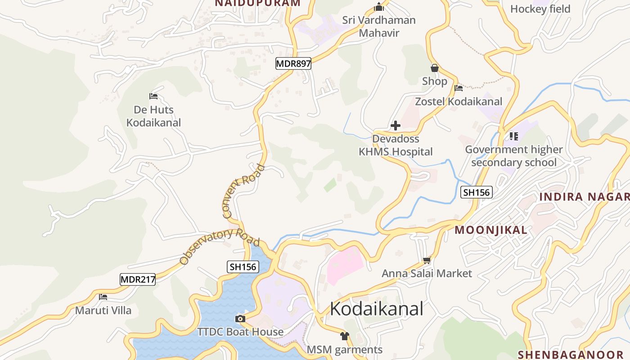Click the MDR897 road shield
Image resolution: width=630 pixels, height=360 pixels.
coord(293,63)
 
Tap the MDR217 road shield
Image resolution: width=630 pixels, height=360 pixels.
coord(138,279)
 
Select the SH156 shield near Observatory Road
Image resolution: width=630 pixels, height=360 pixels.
coord(243,267)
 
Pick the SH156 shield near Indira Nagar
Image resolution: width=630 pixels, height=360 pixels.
coord(477,193)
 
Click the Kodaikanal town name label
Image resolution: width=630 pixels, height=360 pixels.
coord(377,309)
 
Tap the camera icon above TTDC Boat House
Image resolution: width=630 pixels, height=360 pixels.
coord(240,319)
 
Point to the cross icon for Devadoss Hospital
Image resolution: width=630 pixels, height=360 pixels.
coord(396,126)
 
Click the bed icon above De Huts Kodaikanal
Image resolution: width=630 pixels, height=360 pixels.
coord(153,96)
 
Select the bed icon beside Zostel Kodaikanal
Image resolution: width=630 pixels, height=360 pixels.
coord(459,88)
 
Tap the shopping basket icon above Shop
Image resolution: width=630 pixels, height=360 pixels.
coord(434,68)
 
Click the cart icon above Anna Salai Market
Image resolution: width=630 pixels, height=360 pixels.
coord(427,260)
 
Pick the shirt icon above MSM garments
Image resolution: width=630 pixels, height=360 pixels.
coord(344,336)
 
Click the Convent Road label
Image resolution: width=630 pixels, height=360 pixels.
coord(243,192)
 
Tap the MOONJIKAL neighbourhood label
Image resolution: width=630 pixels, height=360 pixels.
coord(490,230)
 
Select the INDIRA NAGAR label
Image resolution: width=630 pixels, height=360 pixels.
coord(584,197)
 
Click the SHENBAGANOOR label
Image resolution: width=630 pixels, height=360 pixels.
coord(573,355)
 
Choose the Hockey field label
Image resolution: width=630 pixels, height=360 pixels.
coord(540,9)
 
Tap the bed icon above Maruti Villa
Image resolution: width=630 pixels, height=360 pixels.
coord(103,297)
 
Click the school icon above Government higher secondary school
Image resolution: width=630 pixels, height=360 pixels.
coord(513,135)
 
